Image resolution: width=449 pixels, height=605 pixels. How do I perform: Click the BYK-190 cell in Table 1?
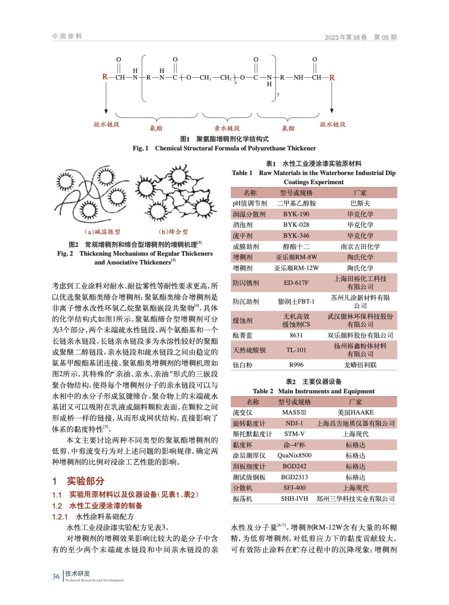[296, 214]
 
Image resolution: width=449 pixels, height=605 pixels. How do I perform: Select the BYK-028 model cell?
[296, 225]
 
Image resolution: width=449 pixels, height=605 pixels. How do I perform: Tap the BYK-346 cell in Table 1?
[296, 236]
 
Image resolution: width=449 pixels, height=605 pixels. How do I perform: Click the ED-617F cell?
[296, 282]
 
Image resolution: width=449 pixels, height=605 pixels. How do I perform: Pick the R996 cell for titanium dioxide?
[296, 365]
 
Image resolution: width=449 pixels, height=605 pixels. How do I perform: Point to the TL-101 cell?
[296, 350]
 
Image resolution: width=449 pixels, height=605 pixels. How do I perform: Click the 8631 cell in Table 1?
[296, 335]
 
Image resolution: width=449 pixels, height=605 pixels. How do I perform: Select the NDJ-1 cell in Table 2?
[294, 423]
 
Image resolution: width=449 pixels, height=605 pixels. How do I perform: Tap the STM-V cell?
[294, 434]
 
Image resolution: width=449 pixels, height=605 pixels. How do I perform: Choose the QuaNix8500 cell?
[294, 455]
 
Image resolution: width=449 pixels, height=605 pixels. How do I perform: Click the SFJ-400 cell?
[294, 488]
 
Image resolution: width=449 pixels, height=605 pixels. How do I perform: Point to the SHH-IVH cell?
[294, 499]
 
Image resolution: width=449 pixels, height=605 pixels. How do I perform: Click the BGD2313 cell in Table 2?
[294, 477]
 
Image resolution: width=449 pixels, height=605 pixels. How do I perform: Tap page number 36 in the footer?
[56, 576]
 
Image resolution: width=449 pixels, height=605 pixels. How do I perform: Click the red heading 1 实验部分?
[78, 481]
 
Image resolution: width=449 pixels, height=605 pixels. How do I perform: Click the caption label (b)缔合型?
[173, 232]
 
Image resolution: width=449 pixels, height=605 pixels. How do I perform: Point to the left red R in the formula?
[105, 77]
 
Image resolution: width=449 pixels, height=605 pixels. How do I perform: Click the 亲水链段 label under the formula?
[227, 128]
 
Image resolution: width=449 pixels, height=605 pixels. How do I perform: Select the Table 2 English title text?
[314, 391]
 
